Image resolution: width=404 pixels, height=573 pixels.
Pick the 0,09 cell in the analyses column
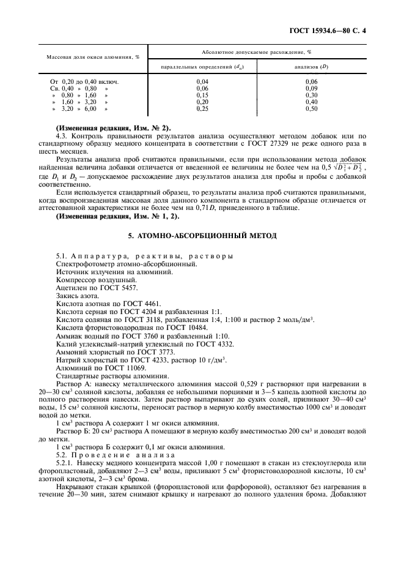311,88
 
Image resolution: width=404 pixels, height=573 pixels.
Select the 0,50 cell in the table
311,108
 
